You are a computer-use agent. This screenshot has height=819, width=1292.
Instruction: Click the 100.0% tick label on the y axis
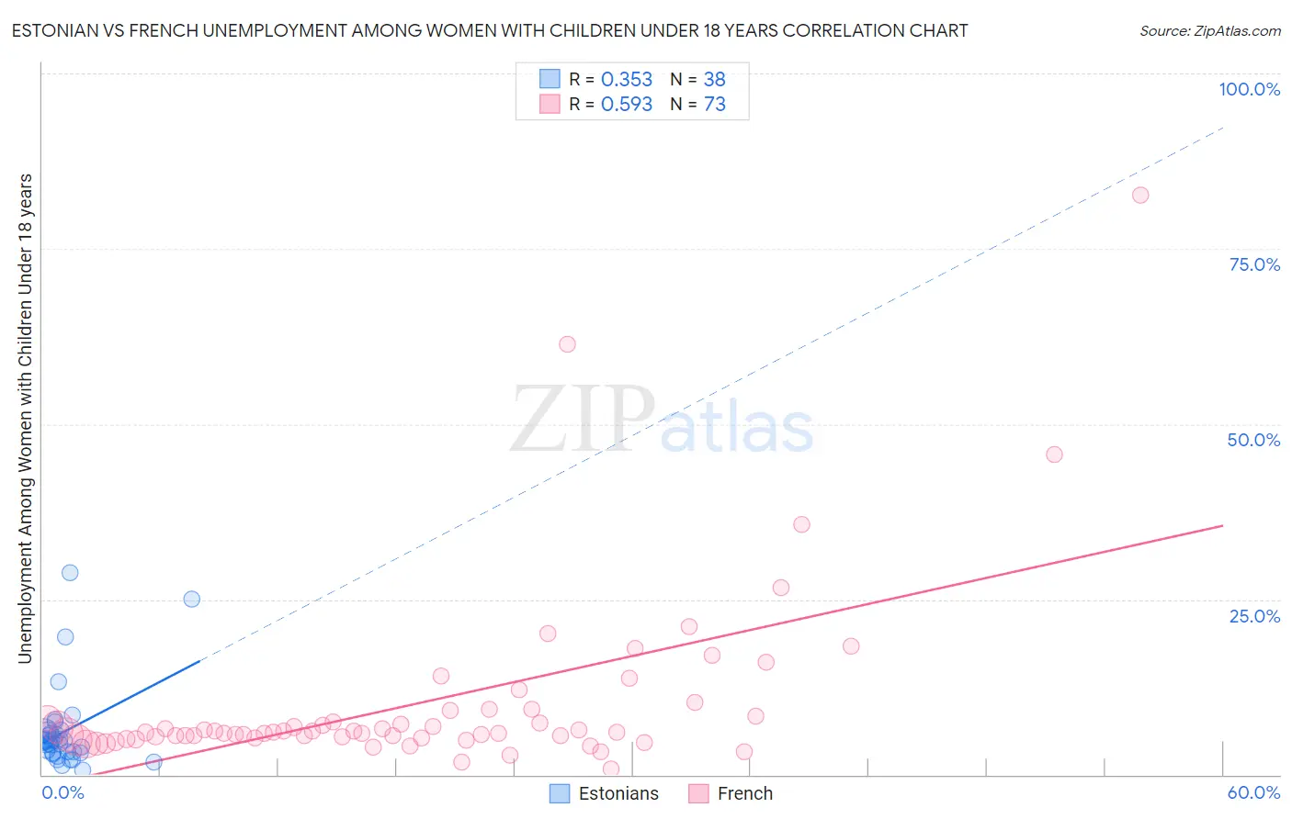click(x=1249, y=89)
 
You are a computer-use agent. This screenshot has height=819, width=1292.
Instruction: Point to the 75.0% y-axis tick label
click(x=1254, y=264)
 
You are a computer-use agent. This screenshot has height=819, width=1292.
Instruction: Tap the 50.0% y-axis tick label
click(x=1253, y=440)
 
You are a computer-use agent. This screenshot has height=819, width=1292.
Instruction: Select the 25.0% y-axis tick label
click(x=1254, y=616)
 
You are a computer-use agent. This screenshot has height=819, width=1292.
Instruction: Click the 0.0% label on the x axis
click(x=62, y=792)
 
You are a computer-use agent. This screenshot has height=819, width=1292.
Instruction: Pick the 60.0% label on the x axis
click(x=1253, y=792)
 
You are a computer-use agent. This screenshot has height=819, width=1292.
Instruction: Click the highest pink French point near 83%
click(x=1140, y=195)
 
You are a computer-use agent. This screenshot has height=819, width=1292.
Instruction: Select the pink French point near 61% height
click(x=567, y=344)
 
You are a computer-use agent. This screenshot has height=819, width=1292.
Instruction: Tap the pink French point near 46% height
click(x=1054, y=454)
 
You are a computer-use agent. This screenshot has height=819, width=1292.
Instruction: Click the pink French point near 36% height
click(x=801, y=524)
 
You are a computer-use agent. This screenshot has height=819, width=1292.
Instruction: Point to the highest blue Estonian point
click(x=70, y=573)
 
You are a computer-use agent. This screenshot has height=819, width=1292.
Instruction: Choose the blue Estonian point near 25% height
click(x=192, y=599)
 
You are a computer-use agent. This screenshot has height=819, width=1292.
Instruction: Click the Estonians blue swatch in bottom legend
click(x=560, y=793)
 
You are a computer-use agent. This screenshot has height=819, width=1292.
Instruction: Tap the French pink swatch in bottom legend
click(x=698, y=793)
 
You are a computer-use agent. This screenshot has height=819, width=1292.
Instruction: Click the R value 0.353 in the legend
click(x=627, y=80)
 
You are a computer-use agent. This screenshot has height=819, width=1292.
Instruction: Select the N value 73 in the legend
click(x=714, y=105)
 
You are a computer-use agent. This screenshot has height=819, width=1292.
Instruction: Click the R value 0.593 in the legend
click(x=627, y=105)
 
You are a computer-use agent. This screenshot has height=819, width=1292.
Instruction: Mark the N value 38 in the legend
click(x=714, y=80)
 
